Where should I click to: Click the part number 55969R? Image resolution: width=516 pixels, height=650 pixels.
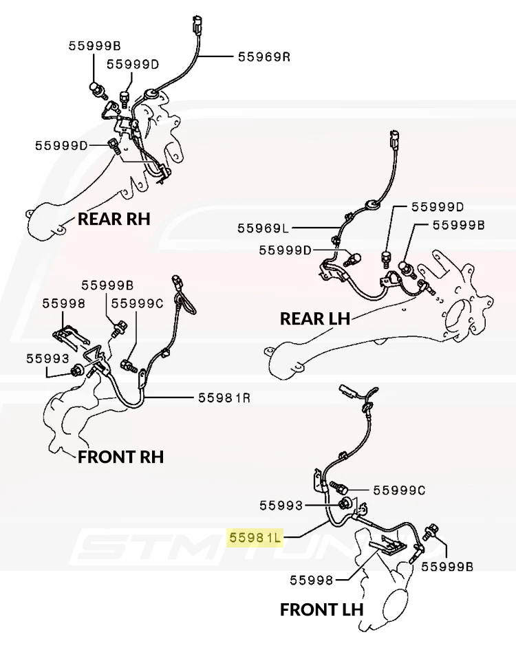[264, 56]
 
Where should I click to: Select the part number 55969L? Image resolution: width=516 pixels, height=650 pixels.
[263, 228]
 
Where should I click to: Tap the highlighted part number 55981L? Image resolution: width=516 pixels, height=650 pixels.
[255, 538]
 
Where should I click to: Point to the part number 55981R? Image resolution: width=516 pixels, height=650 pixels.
[224, 398]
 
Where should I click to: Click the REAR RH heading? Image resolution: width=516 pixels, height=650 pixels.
[114, 219]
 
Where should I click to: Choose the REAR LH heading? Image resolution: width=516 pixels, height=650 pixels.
[315, 318]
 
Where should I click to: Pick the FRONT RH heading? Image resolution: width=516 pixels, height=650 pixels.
[120, 457]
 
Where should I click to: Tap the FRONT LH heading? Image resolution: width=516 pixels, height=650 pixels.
[322, 610]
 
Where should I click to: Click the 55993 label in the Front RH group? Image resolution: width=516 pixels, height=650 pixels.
[47, 358]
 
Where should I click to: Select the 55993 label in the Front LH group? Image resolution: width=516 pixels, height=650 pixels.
[281, 506]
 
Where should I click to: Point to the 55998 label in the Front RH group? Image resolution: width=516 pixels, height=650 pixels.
[64, 303]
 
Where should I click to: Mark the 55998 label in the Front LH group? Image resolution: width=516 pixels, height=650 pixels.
[311, 580]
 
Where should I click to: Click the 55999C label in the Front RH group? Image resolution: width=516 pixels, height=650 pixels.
[138, 303]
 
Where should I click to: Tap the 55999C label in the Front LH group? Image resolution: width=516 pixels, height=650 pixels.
[399, 490]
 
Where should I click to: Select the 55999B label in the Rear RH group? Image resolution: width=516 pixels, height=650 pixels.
[94, 45]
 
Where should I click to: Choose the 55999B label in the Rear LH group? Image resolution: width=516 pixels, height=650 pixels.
[459, 225]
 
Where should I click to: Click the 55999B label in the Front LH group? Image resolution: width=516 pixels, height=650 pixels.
[447, 566]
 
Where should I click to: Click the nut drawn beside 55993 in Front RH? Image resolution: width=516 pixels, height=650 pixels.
[76, 370]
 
